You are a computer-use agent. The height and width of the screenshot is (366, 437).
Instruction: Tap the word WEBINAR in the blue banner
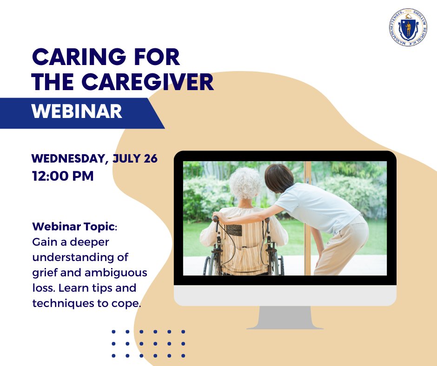click(x=77, y=111)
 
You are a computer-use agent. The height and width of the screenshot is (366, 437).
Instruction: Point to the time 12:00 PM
click(x=62, y=176)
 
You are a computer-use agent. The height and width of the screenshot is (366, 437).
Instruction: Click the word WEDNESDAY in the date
click(x=70, y=159)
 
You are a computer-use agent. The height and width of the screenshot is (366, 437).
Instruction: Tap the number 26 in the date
click(x=151, y=159)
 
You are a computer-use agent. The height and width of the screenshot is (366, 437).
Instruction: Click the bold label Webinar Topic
click(x=73, y=227)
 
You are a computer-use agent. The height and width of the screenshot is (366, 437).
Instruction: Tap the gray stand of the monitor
click(x=285, y=318)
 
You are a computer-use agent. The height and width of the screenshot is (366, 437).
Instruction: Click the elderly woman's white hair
click(x=245, y=183)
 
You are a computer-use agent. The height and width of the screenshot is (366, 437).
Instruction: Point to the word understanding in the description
click(x=80, y=257)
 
